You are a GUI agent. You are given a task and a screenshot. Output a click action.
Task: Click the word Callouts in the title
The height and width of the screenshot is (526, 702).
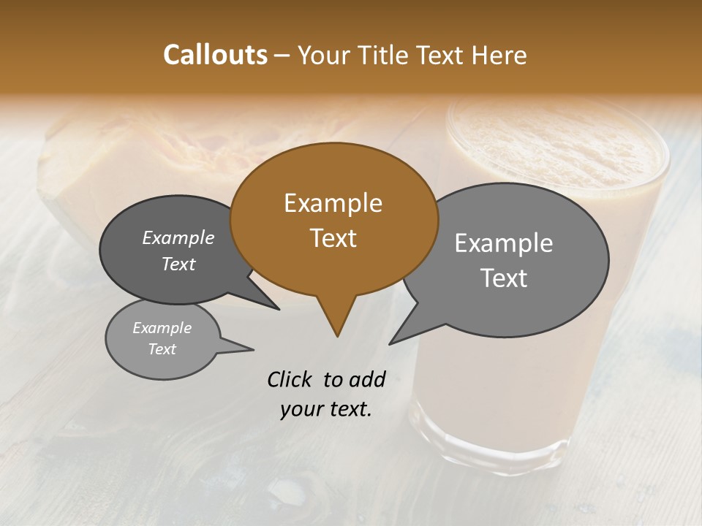point(215,55)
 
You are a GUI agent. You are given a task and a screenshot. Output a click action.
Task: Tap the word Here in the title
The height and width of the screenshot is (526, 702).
point(499,55)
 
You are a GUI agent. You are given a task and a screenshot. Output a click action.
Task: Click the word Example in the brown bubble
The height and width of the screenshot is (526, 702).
point(333,203)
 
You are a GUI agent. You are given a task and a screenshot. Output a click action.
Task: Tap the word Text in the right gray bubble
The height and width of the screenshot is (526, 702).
point(504,278)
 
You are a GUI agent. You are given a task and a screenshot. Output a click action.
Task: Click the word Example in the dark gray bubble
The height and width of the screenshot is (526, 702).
point(178,238)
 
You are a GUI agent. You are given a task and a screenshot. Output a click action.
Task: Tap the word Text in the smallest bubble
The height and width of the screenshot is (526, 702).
point(162,349)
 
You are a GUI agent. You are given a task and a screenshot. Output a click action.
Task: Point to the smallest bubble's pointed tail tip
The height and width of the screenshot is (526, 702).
point(253,349)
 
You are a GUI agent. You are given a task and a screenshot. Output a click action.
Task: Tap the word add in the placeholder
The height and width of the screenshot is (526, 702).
point(366,379)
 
